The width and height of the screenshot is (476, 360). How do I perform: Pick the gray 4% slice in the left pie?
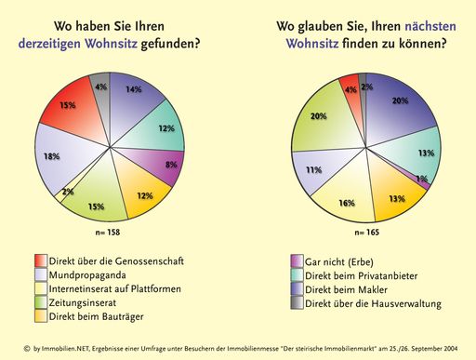pyautogui.click(x=101, y=87)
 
